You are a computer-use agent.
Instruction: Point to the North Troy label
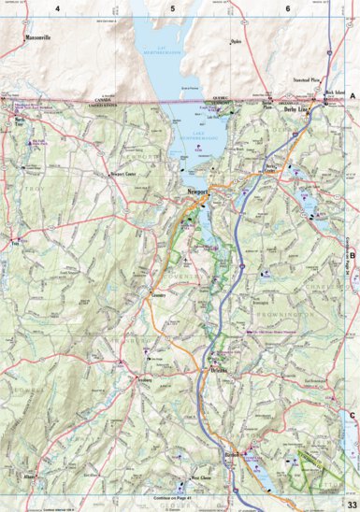pyautogui.click(x=19, y=121)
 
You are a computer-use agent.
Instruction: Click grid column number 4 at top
pyautogui.click(x=58, y=8)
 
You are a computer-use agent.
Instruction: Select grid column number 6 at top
pyautogui.click(x=287, y=8)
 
